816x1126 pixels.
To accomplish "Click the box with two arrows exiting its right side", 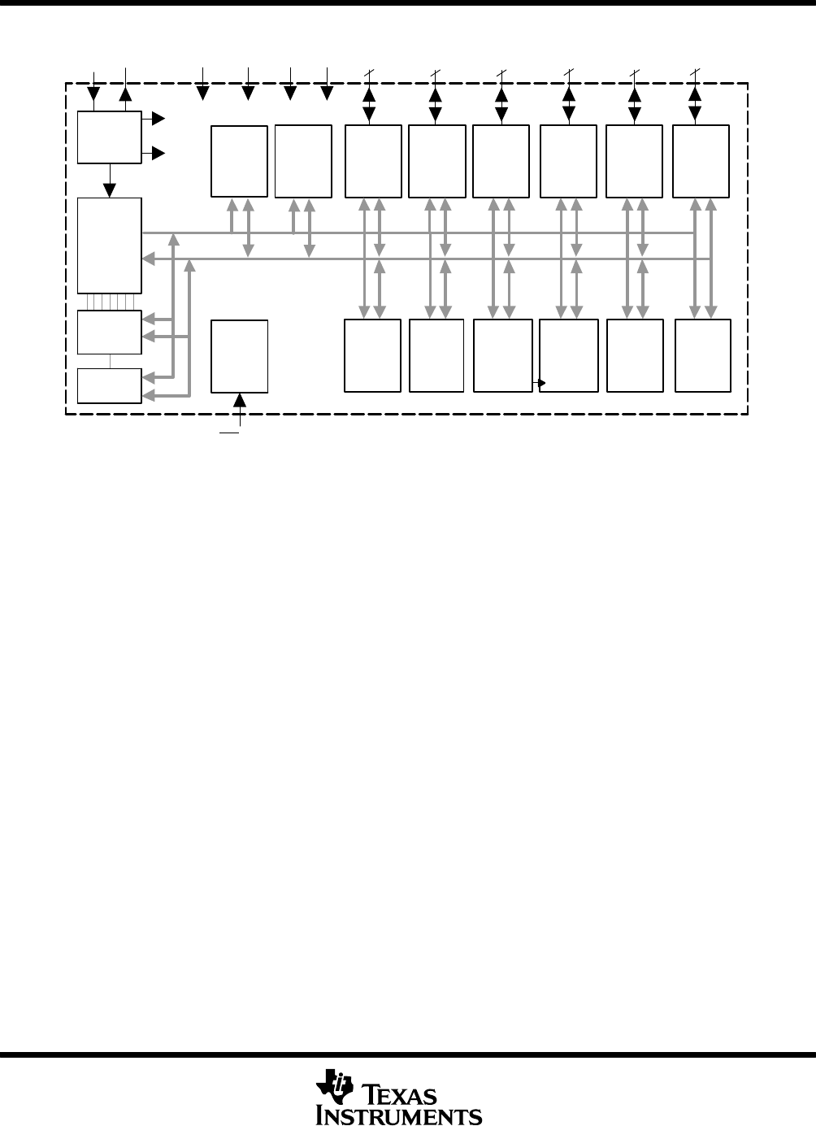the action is tap(109, 137).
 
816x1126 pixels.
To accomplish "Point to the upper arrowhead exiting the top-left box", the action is tap(158, 120).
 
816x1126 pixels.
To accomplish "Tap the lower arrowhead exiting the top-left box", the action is tap(158, 153).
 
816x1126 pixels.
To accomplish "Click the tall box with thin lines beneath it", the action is tap(109, 245).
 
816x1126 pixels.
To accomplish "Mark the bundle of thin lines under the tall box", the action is tap(110, 302).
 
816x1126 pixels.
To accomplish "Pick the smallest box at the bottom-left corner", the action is tap(109, 385).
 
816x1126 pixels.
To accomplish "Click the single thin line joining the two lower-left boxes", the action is tap(110, 361).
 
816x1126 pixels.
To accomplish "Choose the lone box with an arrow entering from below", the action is tap(239, 356).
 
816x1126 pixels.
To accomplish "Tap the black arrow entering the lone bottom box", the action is tap(240, 402).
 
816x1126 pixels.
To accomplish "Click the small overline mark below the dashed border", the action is tap(229, 433).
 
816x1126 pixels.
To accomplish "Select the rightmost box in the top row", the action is tap(701, 161).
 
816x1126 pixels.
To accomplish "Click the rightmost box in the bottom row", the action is tap(702, 355).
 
